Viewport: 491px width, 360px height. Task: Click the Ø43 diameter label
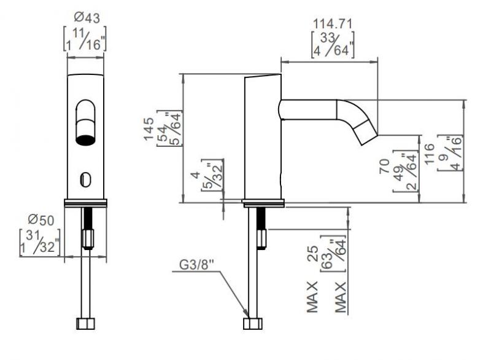(x=87, y=18)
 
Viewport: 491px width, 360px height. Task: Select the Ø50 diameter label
(x=41, y=220)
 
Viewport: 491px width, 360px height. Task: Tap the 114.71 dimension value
(x=333, y=24)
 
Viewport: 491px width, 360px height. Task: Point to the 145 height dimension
(x=149, y=129)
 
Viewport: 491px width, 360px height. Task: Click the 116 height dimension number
(x=430, y=154)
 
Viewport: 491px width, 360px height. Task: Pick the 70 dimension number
(x=385, y=166)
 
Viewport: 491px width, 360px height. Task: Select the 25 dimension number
(x=313, y=254)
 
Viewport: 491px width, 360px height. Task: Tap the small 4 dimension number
(x=196, y=175)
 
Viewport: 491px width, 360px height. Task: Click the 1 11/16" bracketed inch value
(x=85, y=39)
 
